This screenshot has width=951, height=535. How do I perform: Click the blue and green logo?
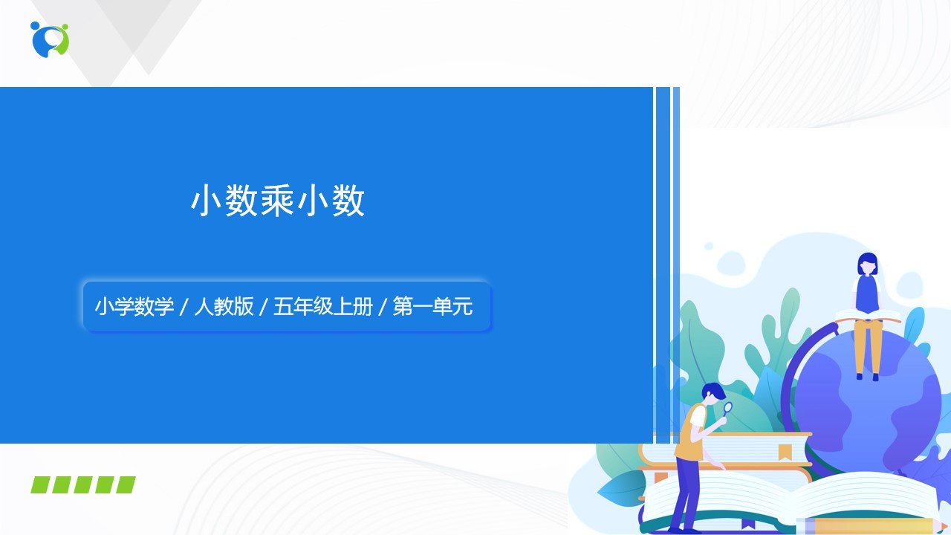(50, 39)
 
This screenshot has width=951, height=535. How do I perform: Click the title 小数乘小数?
(278, 201)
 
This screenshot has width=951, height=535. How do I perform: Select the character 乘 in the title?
(278, 201)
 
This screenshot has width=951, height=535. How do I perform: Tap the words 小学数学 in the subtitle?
(134, 306)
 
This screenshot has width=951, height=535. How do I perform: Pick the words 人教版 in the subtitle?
(224, 306)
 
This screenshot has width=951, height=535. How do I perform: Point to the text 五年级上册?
(323, 306)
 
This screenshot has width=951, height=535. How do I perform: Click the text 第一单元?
(432, 306)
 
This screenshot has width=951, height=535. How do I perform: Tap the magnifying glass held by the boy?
(727, 409)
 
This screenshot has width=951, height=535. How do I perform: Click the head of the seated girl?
(867, 264)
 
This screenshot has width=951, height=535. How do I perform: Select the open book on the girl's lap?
(868, 316)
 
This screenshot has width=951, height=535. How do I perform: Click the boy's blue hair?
(713, 391)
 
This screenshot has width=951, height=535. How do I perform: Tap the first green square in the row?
(40, 485)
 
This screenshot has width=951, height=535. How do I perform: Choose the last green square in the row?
(126, 485)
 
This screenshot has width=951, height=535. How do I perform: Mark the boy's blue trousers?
(684, 493)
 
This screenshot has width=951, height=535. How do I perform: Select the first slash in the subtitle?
(184, 307)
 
